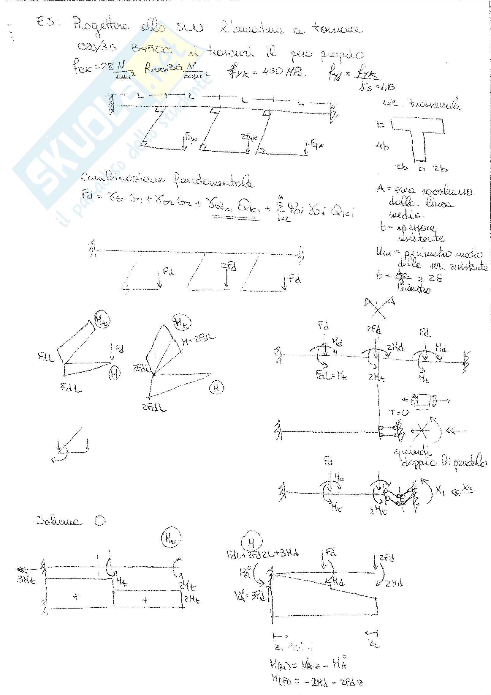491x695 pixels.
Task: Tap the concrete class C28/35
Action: tap(96, 47)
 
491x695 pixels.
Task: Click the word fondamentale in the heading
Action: tap(213, 182)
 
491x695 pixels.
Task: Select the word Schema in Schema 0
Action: tap(59, 521)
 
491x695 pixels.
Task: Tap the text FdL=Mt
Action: tap(331, 376)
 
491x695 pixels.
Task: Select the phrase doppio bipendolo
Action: tap(444, 462)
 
